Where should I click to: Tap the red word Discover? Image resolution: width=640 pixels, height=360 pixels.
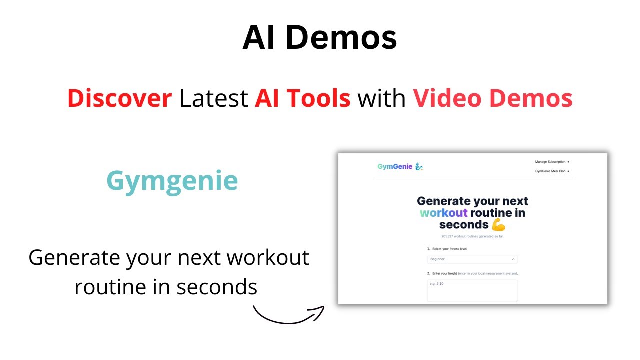pos(119,98)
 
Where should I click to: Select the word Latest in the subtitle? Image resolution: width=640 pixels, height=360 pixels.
pos(213,98)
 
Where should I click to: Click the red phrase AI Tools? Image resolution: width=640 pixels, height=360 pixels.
pos(302,98)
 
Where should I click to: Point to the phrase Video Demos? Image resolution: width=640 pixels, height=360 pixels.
pos(492,98)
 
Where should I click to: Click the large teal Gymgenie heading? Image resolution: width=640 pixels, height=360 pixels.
pos(172,181)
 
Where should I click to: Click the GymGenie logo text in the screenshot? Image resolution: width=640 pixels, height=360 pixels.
pos(395,167)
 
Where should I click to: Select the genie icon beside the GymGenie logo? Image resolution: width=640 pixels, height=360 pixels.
pos(419,167)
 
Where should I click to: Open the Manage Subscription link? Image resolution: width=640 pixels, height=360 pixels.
pos(552,162)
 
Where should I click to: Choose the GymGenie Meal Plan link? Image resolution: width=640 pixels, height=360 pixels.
pos(552,171)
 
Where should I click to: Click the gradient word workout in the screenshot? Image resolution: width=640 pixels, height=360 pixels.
pos(443,213)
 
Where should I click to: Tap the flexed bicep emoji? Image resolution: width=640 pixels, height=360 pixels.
pos(498,225)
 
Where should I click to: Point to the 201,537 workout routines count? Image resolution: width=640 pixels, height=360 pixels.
pos(472,236)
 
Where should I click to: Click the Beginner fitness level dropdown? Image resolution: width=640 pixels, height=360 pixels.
pos(472,259)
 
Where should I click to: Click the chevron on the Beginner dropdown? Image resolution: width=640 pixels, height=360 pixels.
pos(513,259)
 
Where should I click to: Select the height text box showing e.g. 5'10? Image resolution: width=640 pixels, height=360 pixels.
pos(472,290)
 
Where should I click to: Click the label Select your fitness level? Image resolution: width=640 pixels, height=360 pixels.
pos(449,249)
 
